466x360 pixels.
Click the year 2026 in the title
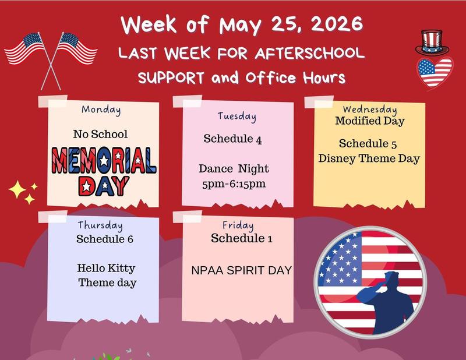[x=337, y=24]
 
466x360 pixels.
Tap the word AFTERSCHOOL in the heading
[x=309, y=53]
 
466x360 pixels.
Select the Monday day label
[x=101, y=110]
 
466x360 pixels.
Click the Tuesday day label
[x=237, y=117]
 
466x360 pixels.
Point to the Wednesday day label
[x=370, y=109]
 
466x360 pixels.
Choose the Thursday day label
[x=100, y=225]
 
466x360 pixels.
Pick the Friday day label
[x=238, y=225]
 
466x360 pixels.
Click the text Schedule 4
[x=232, y=139]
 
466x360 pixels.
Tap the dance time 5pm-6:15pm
[x=234, y=184]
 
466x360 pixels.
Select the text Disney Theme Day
[x=369, y=158]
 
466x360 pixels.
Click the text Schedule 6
[x=105, y=239]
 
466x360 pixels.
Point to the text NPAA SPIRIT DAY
[x=241, y=270]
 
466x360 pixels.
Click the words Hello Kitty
[x=106, y=268]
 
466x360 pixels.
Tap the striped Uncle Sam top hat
[x=432, y=43]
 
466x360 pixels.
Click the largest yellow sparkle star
[x=17, y=189]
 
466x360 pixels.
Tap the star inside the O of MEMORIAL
[x=104, y=161]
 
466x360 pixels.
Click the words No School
[x=100, y=134]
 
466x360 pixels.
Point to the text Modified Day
[x=370, y=121]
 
